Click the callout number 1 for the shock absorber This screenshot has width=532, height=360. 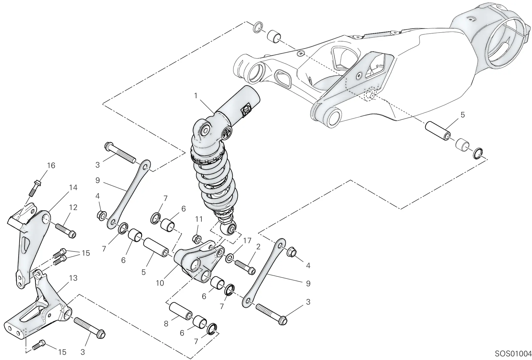click(x=196, y=96)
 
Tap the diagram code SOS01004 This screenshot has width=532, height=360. click(x=513, y=354)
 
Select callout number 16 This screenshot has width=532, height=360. click(x=51, y=165)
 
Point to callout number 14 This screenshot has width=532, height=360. click(x=73, y=187)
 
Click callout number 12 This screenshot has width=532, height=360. click(x=73, y=207)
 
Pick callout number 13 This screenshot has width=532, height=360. click(x=73, y=278)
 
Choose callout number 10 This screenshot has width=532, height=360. click(x=160, y=283)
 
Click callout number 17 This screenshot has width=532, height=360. click(x=247, y=241)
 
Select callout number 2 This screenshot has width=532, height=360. click(x=258, y=247)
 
